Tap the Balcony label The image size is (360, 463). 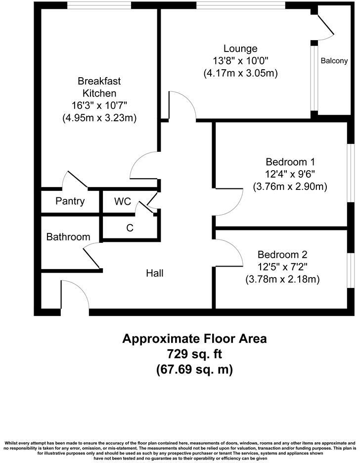pyautogui.click(x=334, y=61)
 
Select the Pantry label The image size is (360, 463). pyautogui.click(x=70, y=201)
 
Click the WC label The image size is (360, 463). pyautogui.click(x=122, y=201)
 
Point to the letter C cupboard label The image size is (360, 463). pyautogui.click(x=130, y=228)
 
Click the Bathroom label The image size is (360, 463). pyautogui.click(x=68, y=237)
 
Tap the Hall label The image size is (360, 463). pyautogui.click(x=154, y=273)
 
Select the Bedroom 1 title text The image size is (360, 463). pyautogui.click(x=290, y=162)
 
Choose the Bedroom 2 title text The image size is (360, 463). pyautogui.click(x=282, y=255)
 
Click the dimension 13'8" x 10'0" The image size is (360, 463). pyautogui.click(x=240, y=61)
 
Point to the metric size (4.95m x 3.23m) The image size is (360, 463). pyautogui.click(x=99, y=118)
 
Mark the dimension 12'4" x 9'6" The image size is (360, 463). pyautogui.click(x=290, y=174)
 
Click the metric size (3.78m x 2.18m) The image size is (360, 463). pyautogui.click(x=282, y=279)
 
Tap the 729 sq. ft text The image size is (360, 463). pyautogui.click(x=194, y=354)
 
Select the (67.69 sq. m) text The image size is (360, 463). pyautogui.click(x=194, y=370)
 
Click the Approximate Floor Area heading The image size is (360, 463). pyautogui.click(x=194, y=339)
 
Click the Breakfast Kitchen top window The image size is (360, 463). pyautogui.click(x=99, y=5)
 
